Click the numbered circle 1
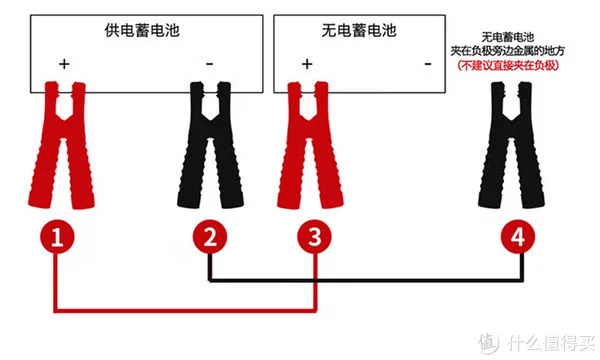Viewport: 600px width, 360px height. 57,236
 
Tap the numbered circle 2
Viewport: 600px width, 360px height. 210,236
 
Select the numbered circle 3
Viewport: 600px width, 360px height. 315,236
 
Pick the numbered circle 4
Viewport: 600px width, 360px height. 518,236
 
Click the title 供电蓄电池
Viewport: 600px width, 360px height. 142,31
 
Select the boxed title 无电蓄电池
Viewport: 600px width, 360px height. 359,31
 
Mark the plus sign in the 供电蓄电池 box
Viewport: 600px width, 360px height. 64,64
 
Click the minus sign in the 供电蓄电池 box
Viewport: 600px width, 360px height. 209,64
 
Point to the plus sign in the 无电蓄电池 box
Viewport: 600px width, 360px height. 307,64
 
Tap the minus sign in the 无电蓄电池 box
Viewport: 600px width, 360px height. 428,64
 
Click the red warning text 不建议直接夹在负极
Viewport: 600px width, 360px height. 508,65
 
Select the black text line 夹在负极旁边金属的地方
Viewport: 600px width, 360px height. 507,51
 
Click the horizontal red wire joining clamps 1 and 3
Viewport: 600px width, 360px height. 185,310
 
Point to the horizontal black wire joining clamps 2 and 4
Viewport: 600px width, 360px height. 366,280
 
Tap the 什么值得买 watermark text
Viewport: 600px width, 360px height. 551,342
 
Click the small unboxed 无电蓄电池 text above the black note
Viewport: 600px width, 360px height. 507,37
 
